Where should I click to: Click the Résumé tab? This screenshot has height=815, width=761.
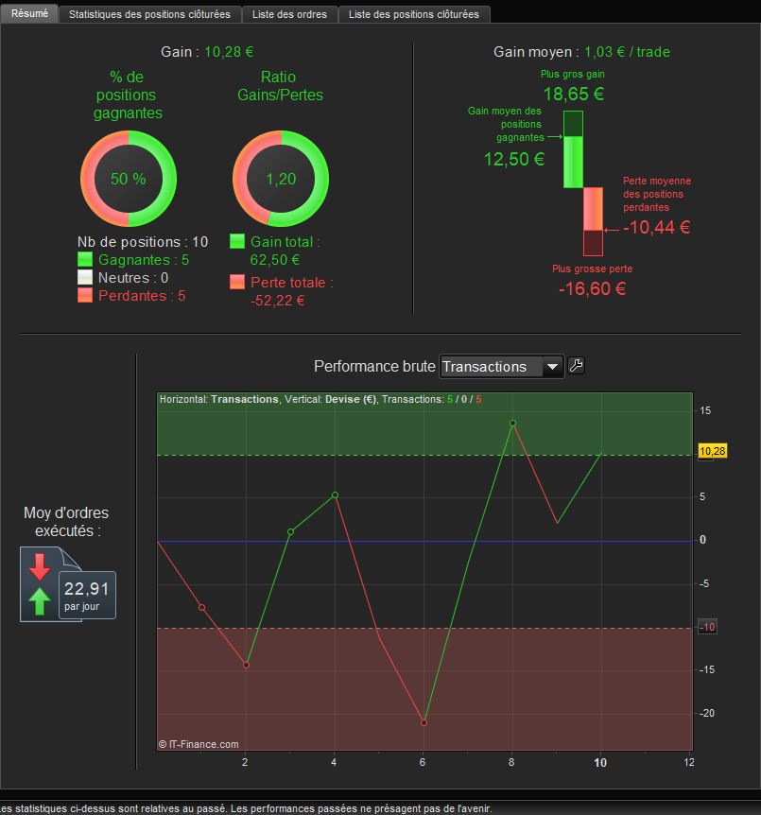(x=29, y=13)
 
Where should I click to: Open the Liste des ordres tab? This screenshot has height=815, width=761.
(x=289, y=14)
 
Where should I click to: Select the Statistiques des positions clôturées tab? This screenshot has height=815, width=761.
(x=149, y=14)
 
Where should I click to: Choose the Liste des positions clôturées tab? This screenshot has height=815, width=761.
(x=413, y=14)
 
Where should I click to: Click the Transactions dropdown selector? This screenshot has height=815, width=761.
(x=502, y=367)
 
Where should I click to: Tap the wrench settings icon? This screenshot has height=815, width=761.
(x=577, y=366)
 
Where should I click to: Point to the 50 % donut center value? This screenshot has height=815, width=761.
(x=128, y=179)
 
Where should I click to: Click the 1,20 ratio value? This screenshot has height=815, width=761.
(x=281, y=179)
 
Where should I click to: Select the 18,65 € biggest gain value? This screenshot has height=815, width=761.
(x=573, y=94)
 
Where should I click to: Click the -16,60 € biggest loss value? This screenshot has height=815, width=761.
(x=593, y=289)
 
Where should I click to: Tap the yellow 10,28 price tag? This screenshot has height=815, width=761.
(x=712, y=452)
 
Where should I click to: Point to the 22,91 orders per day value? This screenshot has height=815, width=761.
(x=87, y=589)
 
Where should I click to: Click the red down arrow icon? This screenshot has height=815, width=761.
(x=39, y=566)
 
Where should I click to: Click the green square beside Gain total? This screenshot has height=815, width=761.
(x=237, y=242)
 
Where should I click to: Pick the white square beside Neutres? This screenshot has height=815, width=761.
(x=85, y=278)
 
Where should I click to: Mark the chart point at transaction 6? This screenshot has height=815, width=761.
(x=424, y=722)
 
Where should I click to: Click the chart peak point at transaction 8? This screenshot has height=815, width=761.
(x=512, y=423)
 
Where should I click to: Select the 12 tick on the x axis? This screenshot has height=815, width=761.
(x=689, y=762)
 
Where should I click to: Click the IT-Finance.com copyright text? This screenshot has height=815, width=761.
(x=199, y=744)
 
